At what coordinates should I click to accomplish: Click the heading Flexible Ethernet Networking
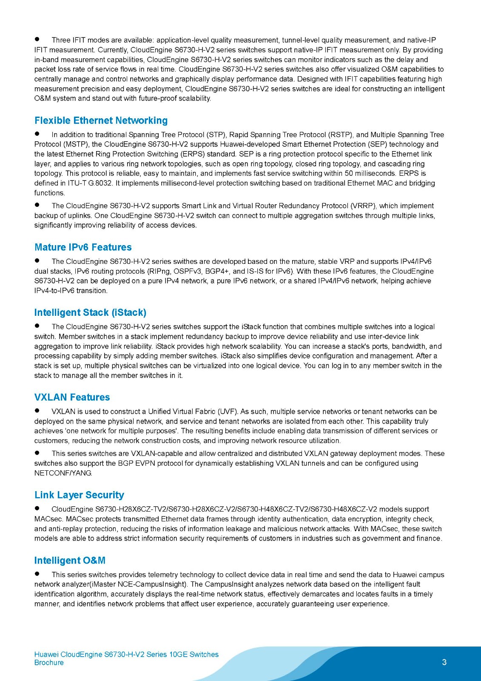pyautogui.click(x=101, y=120)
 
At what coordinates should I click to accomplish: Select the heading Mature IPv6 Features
pyautogui.click(x=83, y=247)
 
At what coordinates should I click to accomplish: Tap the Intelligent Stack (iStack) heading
pyautogui.click(x=90, y=312)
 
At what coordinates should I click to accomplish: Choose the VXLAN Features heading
pyautogui.click(x=72, y=397)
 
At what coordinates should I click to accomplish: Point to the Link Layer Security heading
pyautogui.click(x=79, y=495)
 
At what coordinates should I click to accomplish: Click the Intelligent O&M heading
pyautogui.click(x=70, y=561)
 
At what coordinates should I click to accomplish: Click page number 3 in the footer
pyautogui.click(x=444, y=662)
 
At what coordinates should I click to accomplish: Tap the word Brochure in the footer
pyautogui.click(x=49, y=663)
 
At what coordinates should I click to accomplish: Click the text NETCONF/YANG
pyautogui.click(x=63, y=473)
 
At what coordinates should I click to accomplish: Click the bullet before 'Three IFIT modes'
pyautogui.click(x=37, y=39)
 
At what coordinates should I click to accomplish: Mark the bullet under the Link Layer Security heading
pyautogui.click(x=37, y=508)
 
